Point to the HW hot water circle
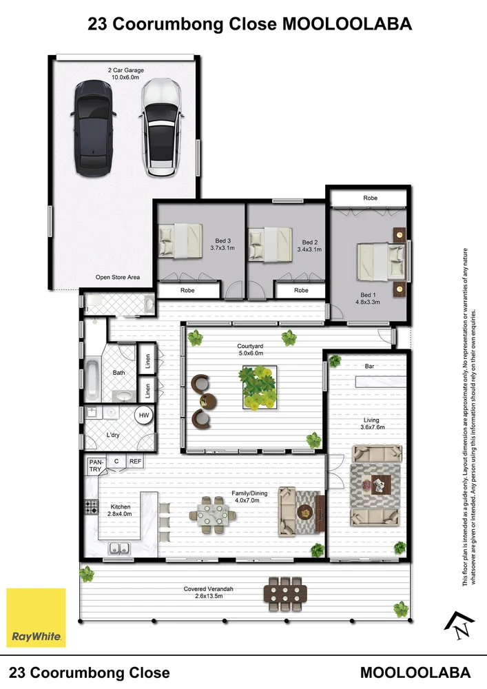click(x=144, y=415)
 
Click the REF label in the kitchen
click(x=136, y=462)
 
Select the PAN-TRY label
click(x=94, y=465)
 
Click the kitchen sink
click(x=119, y=548)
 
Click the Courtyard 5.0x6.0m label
click(x=251, y=349)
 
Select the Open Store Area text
click(x=117, y=277)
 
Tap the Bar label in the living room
click(x=369, y=367)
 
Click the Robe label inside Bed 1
click(x=370, y=198)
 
